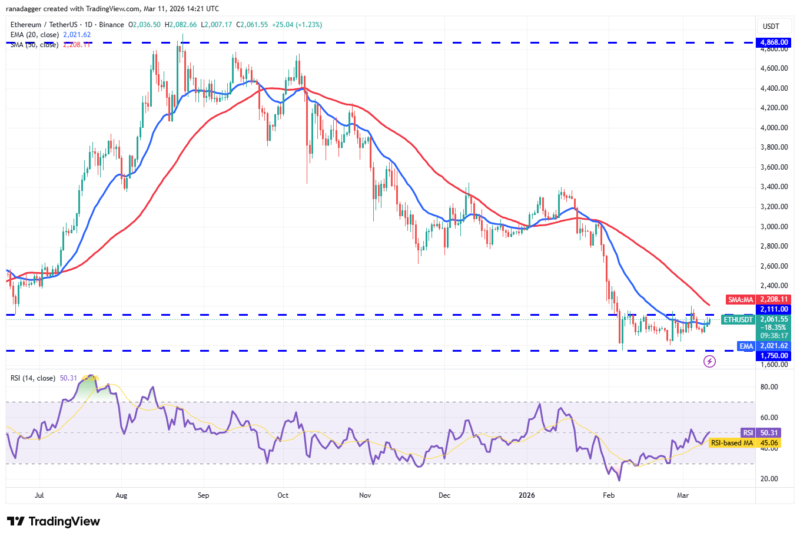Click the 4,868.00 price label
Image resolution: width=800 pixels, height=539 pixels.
(774, 42)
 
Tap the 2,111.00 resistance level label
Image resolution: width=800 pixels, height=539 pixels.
(774, 309)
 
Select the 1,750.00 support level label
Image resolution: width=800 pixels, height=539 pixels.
(774, 356)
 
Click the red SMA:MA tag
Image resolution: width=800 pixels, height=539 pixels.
(740, 300)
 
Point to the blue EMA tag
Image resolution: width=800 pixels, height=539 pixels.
(746, 346)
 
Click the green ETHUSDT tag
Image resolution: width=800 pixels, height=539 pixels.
(738, 320)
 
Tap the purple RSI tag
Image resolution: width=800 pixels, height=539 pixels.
(748, 433)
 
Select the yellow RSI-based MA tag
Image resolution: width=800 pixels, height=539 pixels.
(732, 443)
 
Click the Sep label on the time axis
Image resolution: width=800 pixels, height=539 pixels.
(203, 495)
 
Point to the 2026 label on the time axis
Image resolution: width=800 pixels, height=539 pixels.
(526, 495)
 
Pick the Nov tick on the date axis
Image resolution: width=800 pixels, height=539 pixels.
(365, 495)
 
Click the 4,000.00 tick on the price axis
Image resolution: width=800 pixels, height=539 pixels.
(774, 128)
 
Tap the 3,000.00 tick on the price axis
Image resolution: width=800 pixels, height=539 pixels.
(774, 227)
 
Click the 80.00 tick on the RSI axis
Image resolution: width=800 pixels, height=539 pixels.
(769, 387)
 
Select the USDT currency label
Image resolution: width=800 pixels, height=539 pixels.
(771, 27)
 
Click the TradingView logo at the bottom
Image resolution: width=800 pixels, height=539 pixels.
(54, 521)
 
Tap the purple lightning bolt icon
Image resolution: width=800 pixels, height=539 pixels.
(709, 361)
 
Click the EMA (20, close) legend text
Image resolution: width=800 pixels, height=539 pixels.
(35, 35)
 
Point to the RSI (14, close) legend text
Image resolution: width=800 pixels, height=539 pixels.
(33, 378)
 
